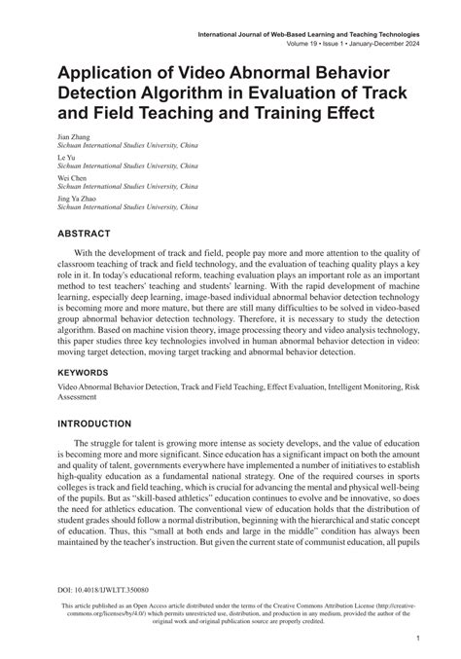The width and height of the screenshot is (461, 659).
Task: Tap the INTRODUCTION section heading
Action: pyautogui.click(x=107, y=424)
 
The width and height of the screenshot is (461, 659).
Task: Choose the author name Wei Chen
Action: pyautogui.click(x=72, y=178)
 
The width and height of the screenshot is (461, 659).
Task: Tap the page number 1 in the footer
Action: pyautogui.click(x=416, y=638)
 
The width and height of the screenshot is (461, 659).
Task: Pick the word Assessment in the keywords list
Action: pyautogui.click(x=81, y=397)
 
